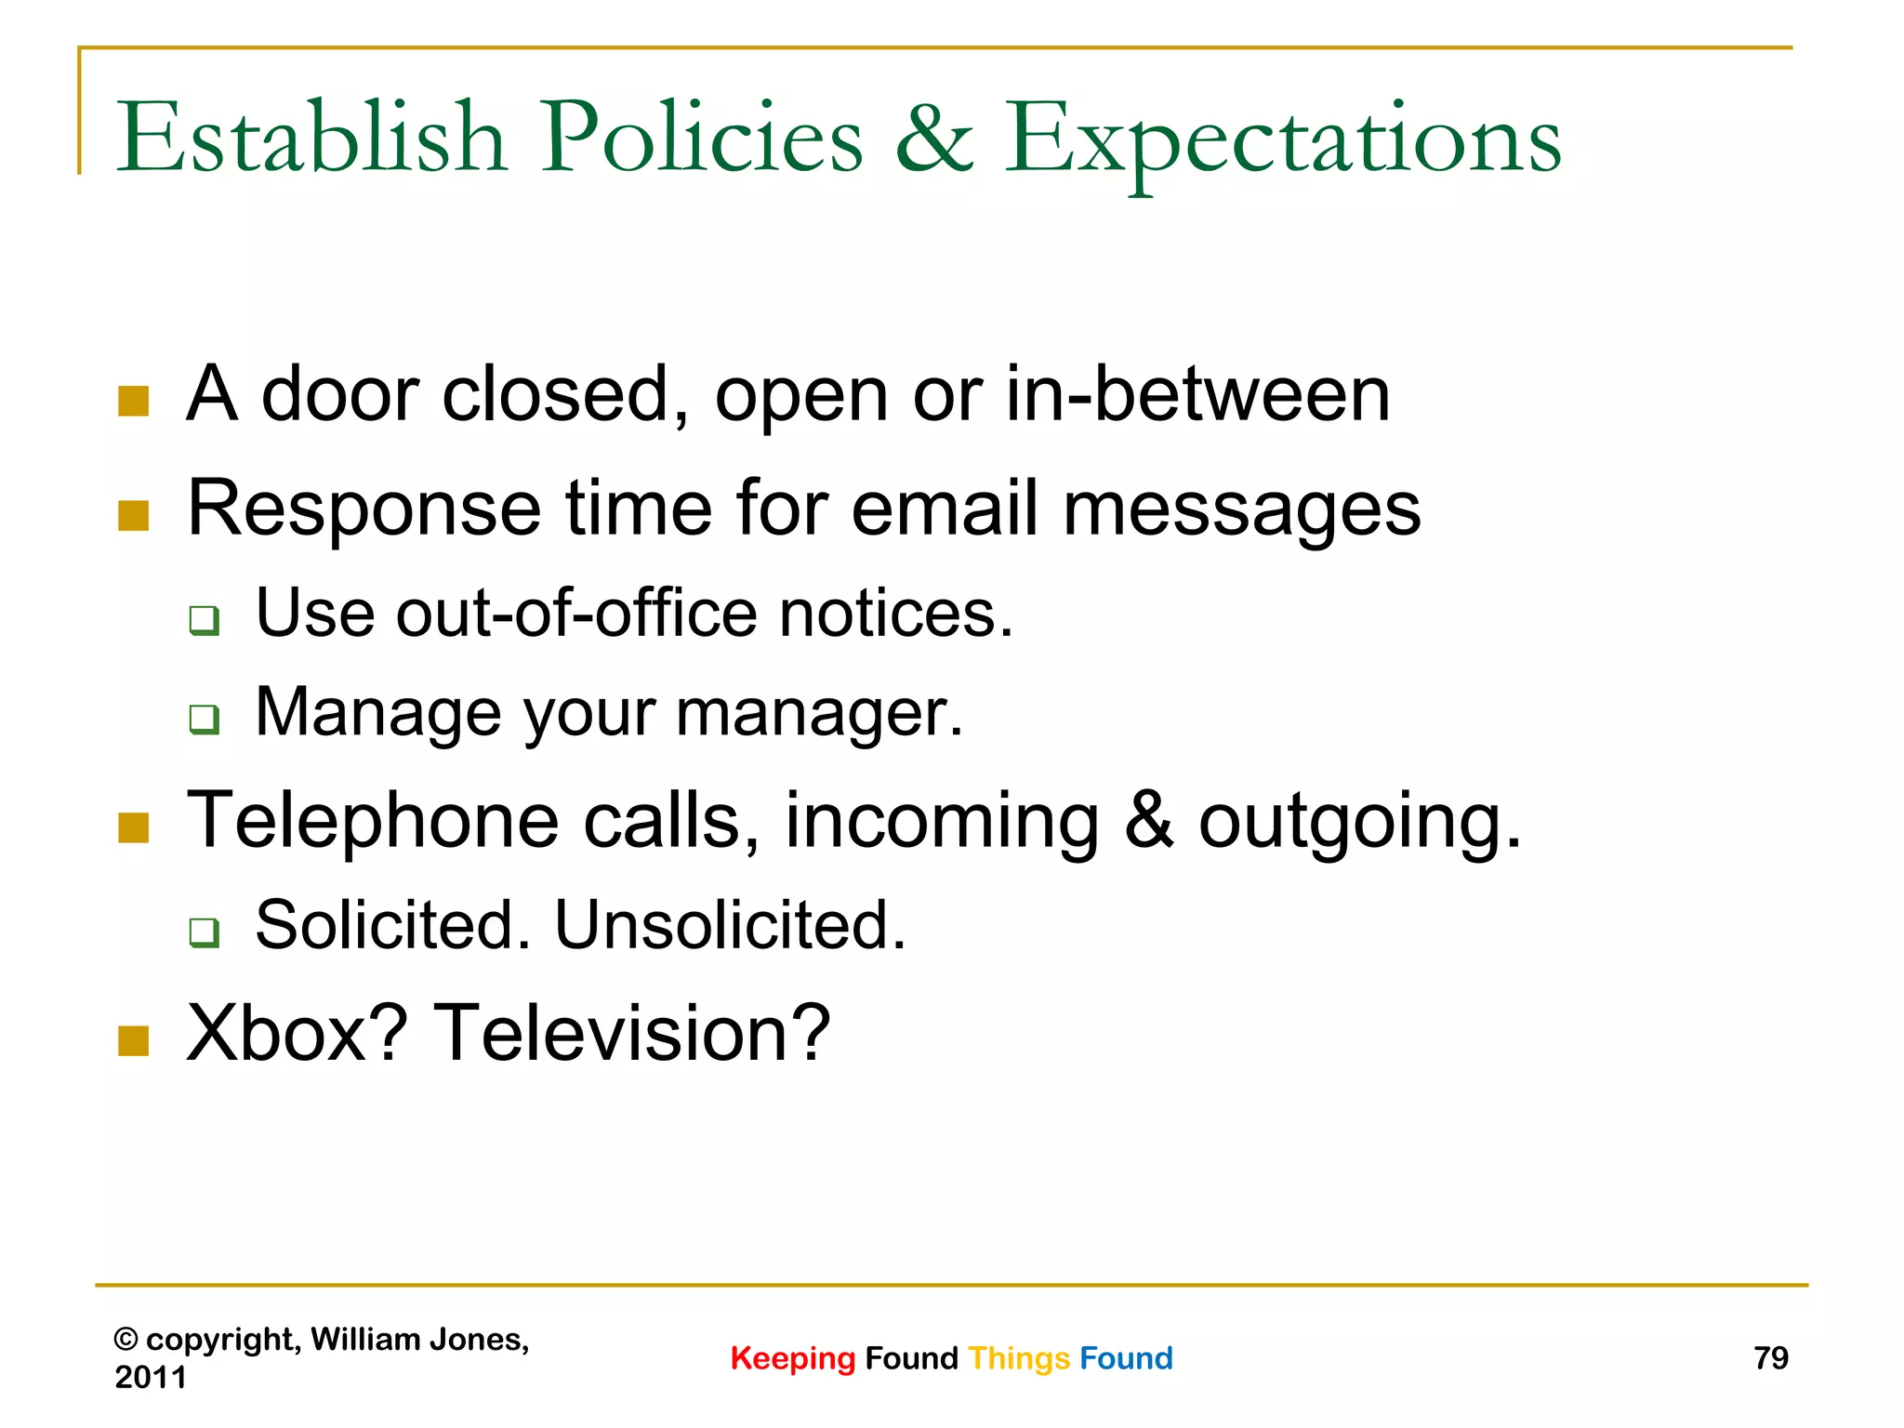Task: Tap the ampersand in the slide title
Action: (933, 139)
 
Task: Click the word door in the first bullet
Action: (339, 394)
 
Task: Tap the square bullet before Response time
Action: (134, 515)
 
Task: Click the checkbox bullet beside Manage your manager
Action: (204, 719)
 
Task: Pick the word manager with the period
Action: (819, 713)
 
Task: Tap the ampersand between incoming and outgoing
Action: (1149, 820)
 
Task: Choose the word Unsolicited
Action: (730, 925)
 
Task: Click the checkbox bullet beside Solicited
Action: (204, 932)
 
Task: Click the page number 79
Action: (1770, 1358)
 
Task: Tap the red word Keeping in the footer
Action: (792, 1359)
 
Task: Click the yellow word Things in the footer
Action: (1019, 1359)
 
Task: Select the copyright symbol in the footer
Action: (126, 1340)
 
